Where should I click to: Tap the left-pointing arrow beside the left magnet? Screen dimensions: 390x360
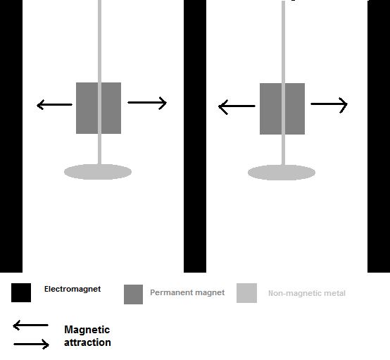point(54,105)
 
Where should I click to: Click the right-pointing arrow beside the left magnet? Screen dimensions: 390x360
point(147,103)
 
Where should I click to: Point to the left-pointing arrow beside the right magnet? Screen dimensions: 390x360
point(237,107)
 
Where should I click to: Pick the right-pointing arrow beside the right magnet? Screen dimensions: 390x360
point(329,105)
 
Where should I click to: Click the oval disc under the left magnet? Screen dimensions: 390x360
point(98,172)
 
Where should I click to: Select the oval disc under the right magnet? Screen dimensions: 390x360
point(282,173)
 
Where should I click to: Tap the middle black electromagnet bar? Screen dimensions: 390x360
point(195,136)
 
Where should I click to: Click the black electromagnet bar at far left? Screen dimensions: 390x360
point(11,136)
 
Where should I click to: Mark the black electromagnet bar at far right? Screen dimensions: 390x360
point(379,136)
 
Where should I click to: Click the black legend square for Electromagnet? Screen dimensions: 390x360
point(21,293)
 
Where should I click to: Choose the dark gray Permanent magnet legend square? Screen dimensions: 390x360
point(133,294)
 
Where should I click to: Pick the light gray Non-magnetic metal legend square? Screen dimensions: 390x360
point(246,293)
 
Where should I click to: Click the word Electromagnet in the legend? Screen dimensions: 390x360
point(73,289)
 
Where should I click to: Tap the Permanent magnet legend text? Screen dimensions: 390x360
point(187,292)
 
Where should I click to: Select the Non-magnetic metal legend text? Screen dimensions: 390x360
point(307,293)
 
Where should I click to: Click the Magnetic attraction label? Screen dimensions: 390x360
point(87,336)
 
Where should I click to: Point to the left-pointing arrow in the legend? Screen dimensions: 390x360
point(30,325)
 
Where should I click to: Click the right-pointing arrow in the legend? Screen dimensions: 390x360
point(32,345)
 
